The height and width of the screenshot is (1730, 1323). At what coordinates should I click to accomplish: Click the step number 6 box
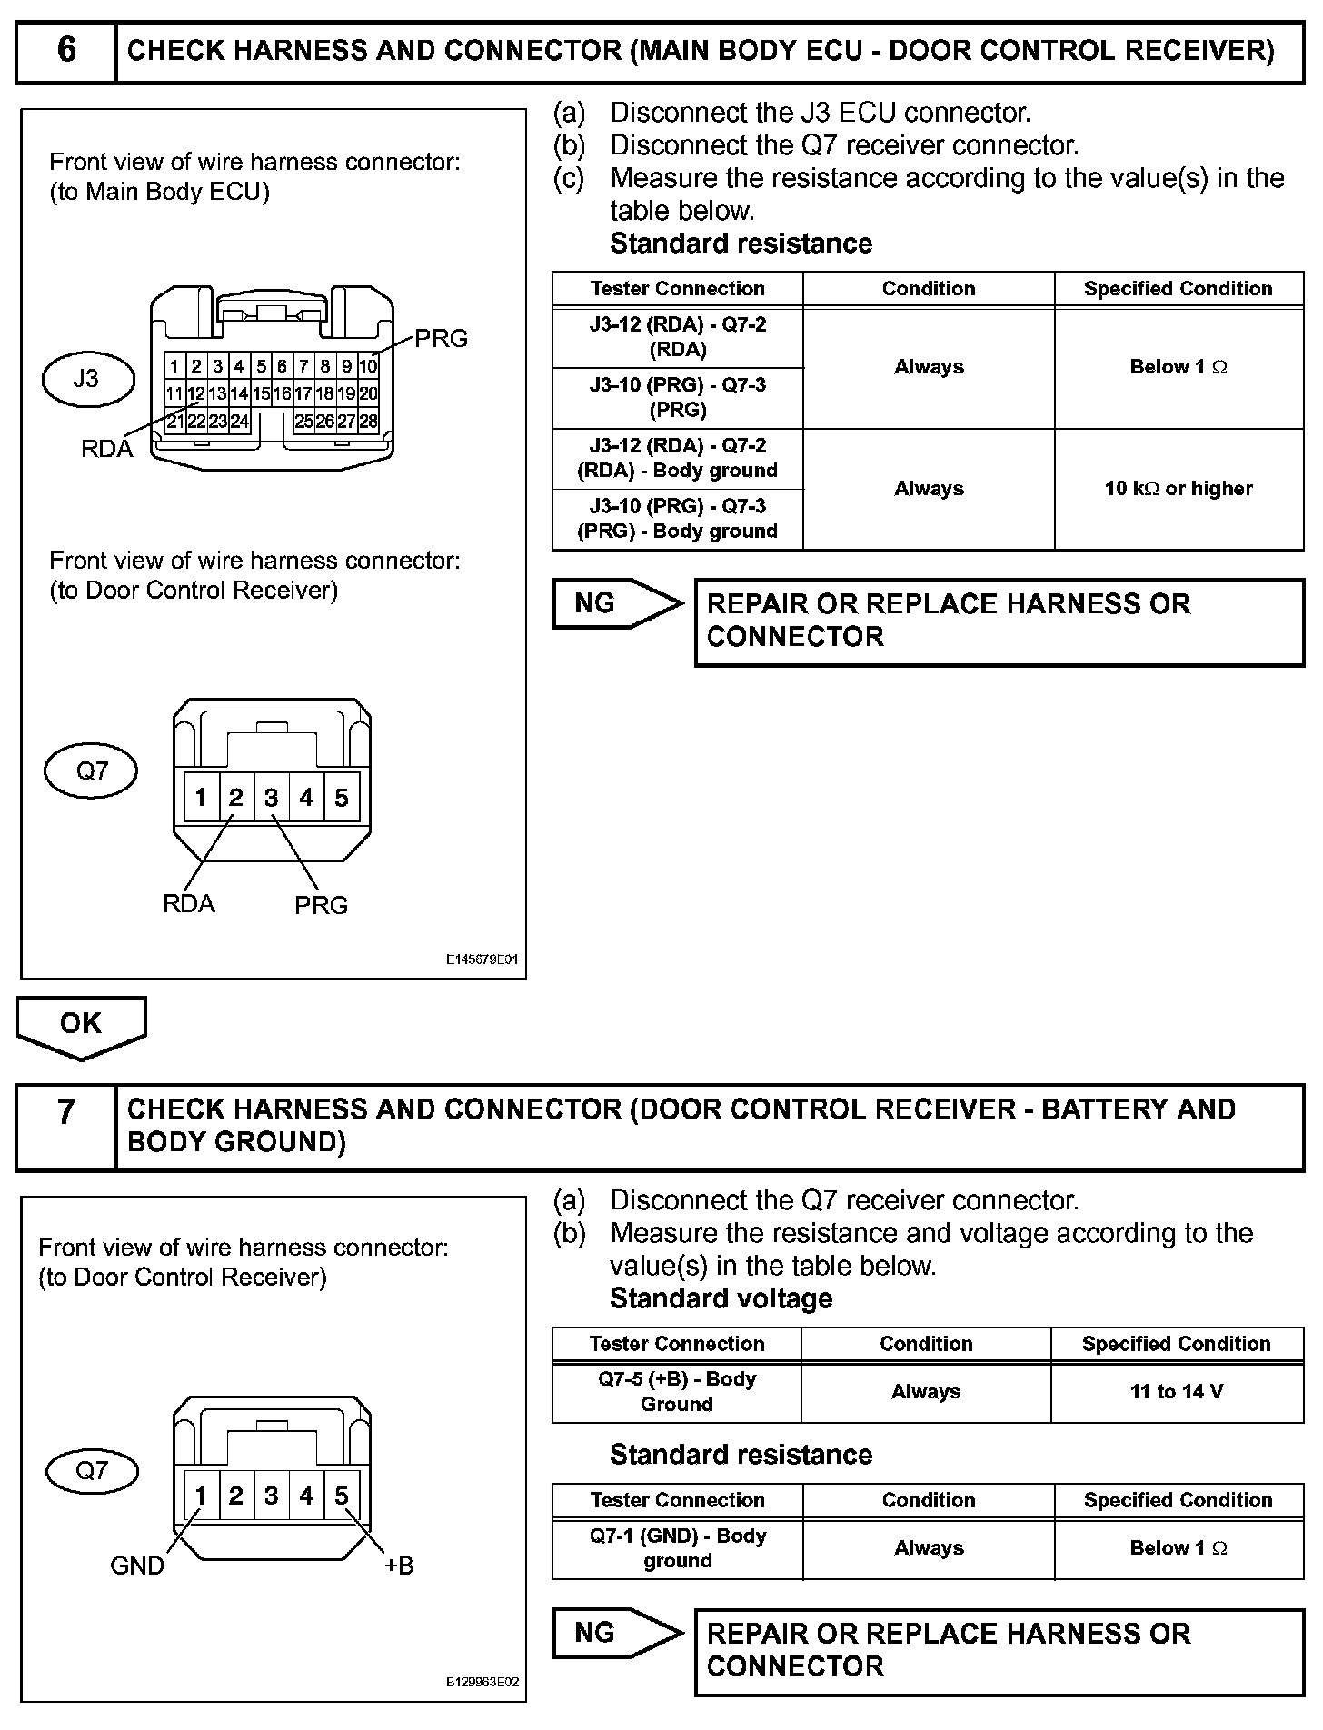point(66,51)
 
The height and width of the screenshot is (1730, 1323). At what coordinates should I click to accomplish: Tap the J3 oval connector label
point(86,378)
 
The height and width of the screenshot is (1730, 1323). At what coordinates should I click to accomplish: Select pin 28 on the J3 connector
point(368,422)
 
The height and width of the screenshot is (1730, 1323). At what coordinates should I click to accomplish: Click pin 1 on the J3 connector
point(174,367)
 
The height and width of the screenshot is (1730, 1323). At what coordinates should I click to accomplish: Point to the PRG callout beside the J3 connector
point(441,339)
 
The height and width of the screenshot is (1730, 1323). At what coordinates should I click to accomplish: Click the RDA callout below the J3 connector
point(106,449)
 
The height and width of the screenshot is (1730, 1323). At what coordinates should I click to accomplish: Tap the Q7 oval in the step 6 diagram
point(91,771)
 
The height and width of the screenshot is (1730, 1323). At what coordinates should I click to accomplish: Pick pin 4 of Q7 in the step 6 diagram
point(306,798)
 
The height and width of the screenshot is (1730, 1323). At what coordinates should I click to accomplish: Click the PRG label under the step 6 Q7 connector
point(321,905)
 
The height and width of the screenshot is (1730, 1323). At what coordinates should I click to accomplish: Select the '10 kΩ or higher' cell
point(1179,489)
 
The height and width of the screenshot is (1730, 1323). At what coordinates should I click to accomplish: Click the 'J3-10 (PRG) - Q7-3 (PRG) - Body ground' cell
point(677,519)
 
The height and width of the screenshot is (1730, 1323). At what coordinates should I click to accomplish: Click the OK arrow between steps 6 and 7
point(81,1025)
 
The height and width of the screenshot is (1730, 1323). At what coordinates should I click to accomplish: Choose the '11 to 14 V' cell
point(1177,1391)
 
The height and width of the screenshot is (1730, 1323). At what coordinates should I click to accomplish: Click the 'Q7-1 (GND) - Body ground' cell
point(677,1548)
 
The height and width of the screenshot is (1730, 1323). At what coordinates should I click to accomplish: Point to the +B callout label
point(399,1566)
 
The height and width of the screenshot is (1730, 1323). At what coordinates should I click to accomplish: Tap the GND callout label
point(137,1566)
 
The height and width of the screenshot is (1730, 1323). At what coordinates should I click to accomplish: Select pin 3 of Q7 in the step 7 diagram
point(271,1496)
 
